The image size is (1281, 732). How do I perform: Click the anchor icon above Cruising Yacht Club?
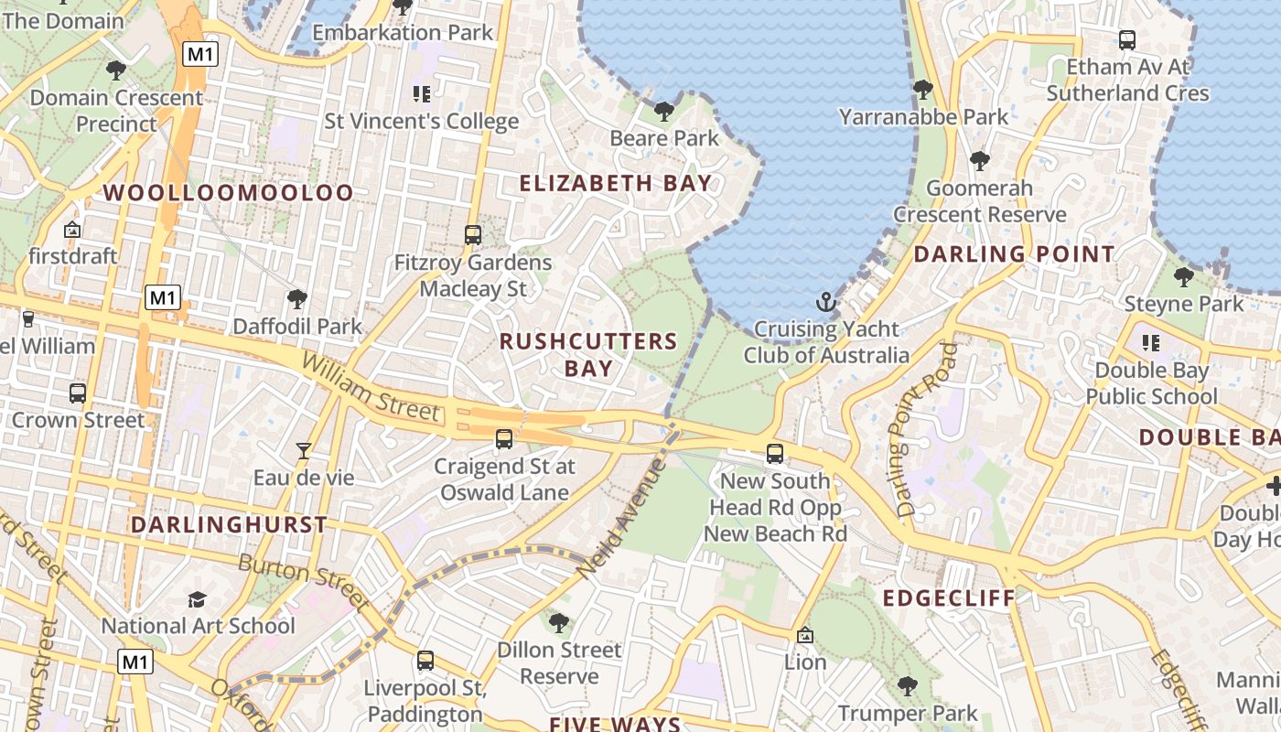(x=826, y=301)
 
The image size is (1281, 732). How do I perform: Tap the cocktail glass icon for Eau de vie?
(x=304, y=450)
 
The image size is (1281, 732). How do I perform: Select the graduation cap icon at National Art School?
(x=197, y=599)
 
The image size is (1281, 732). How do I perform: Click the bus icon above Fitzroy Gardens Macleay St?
(x=473, y=235)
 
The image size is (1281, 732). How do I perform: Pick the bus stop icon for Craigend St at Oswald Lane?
(x=504, y=439)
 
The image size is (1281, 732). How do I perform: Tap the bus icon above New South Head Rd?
(x=775, y=453)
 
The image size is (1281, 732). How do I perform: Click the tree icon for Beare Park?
(x=664, y=112)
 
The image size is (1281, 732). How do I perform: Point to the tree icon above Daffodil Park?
(x=296, y=298)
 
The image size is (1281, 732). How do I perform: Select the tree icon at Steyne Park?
(x=1184, y=276)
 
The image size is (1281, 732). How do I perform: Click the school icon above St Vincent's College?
(x=421, y=93)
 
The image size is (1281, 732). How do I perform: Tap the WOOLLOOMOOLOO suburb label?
(x=228, y=193)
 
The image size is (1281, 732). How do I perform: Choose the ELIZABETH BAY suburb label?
(x=616, y=183)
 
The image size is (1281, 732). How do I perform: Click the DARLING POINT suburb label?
(x=1014, y=254)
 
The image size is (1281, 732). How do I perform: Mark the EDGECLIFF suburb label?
(x=949, y=598)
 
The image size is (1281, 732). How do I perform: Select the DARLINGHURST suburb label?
(x=229, y=525)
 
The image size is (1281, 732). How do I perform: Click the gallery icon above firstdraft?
(x=72, y=230)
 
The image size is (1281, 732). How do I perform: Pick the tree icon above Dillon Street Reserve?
(x=558, y=623)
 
